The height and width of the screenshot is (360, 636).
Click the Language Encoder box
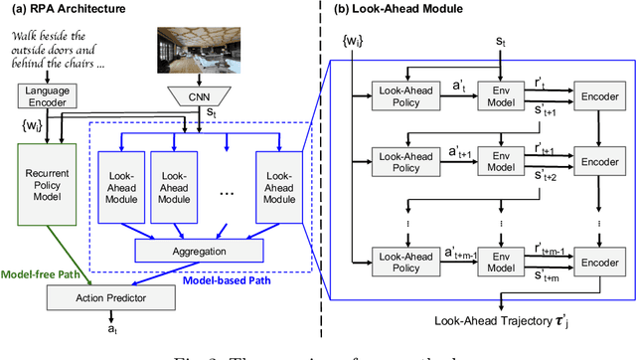pyautogui.click(x=41, y=95)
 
